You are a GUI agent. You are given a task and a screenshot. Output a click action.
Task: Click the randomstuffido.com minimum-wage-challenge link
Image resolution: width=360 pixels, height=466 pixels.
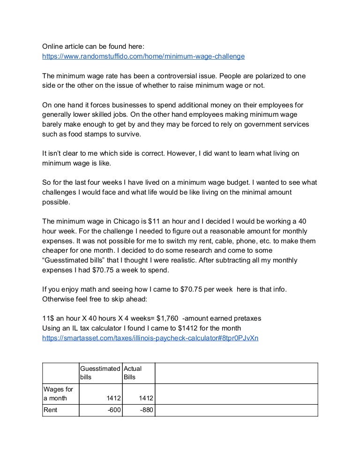tap(143, 56)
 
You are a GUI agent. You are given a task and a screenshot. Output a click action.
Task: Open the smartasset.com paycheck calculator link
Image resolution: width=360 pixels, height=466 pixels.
tap(150, 337)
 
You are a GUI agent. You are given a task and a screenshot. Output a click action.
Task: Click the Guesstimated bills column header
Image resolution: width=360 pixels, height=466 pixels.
tap(100, 373)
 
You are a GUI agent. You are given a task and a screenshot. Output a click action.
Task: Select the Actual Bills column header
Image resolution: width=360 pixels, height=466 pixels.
tap(133, 373)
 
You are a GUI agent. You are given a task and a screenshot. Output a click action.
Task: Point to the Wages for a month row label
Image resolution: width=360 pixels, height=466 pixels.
tap(55, 394)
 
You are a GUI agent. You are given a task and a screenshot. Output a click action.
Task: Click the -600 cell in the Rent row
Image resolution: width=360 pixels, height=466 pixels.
tap(112, 410)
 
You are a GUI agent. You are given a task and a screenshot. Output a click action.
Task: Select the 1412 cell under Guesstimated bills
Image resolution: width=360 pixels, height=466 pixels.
tap(112, 398)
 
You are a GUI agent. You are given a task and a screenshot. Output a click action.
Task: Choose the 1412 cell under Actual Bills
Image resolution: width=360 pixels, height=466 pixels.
tap(145, 398)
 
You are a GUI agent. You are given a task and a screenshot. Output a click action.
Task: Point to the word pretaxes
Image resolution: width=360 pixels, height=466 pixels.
tap(246, 318)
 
